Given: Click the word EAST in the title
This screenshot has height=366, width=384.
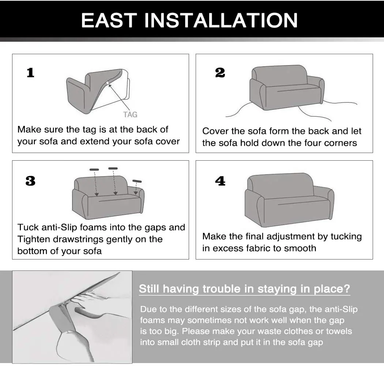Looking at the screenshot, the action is pyautogui.click(x=109, y=20).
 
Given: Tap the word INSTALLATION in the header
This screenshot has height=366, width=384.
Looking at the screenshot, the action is pyautogui.click(x=221, y=20).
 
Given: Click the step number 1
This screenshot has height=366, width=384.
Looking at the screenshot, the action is pyautogui.click(x=31, y=73).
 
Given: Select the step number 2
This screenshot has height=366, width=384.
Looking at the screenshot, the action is pyautogui.click(x=220, y=73).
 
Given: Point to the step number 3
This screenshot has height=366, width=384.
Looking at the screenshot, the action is pyautogui.click(x=30, y=181).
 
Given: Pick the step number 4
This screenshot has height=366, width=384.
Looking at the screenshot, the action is pyautogui.click(x=220, y=181).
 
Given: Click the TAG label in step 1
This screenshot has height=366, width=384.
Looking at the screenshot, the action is pyautogui.click(x=130, y=115).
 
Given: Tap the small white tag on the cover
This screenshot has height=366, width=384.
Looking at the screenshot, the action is pyautogui.click(x=108, y=83).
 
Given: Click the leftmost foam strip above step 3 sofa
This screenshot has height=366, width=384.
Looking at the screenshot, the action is pyautogui.click(x=94, y=169).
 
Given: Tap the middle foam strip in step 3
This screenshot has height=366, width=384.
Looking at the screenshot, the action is pyautogui.click(x=113, y=168).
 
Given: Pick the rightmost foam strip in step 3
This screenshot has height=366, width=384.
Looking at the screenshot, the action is pyautogui.click(x=137, y=181).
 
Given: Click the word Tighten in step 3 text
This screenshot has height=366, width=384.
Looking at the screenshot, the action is pyautogui.click(x=34, y=239).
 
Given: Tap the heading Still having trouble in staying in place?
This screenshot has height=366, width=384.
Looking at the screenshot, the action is pyautogui.click(x=244, y=289).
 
